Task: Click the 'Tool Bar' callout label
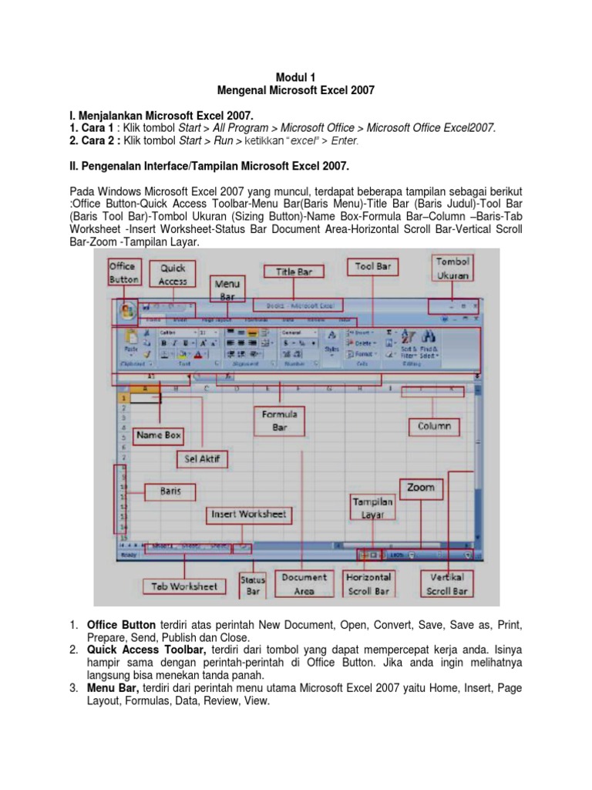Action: (374, 267)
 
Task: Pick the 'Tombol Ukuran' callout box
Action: (452, 268)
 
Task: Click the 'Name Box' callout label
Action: (159, 436)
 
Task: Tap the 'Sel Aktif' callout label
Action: (203, 459)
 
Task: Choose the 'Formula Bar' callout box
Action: (279, 420)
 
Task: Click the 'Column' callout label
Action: (434, 426)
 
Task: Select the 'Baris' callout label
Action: (170, 491)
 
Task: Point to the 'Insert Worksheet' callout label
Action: (248, 514)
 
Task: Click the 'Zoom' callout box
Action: (421, 488)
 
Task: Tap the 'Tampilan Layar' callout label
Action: (373, 508)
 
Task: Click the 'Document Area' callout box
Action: (304, 583)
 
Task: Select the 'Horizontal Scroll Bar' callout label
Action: (369, 583)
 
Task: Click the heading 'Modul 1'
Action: (296, 76)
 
